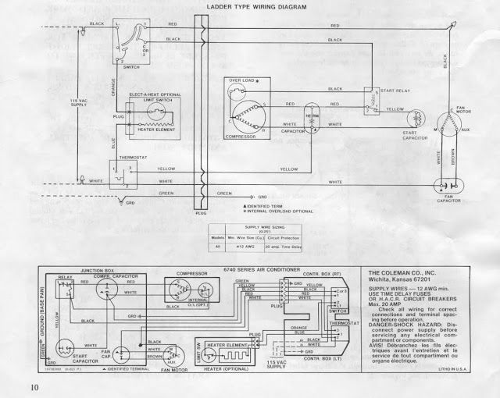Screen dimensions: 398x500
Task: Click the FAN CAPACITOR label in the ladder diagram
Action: pos(450,201)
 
